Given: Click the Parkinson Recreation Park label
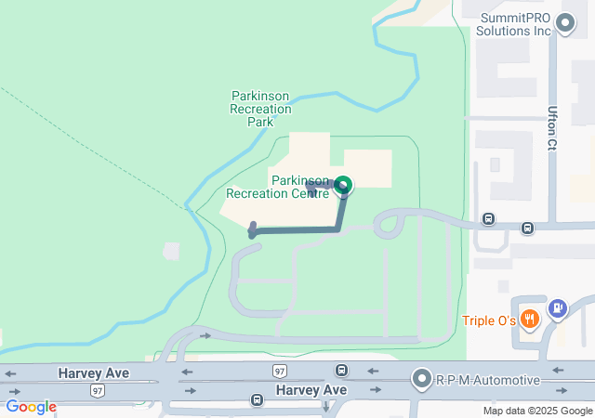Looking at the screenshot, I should coord(260,109).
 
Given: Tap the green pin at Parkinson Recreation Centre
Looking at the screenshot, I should coord(343,186).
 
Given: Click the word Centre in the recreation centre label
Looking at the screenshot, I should coord(308,194).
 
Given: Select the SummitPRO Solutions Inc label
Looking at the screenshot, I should coord(513,24).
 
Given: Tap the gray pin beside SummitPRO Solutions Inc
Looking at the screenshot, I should coord(564,23).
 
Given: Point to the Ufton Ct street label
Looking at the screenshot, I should coord(552,127).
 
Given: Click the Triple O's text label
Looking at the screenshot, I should coord(489,320).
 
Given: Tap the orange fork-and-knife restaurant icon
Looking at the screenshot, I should coord(530,320).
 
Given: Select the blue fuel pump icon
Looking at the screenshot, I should coord(557,307).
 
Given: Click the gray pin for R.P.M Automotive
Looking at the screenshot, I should coord(423,379).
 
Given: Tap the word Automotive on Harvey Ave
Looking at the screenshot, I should coord(503,380).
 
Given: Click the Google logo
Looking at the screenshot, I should coord(31,407).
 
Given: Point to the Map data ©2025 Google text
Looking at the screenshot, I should coord(537,411).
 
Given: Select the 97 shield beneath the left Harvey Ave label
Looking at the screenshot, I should coord(98,391).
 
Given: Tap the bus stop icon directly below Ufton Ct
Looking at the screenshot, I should coord(527,228).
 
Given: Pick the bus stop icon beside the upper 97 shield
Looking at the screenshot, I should coord(342,371).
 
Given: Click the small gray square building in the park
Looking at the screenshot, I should coord(171,251).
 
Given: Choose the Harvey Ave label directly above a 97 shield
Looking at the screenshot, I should coord(93,372).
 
